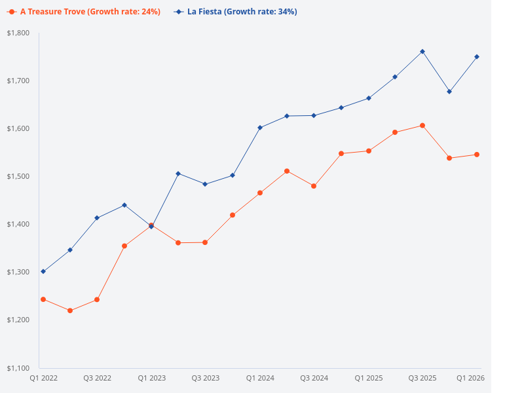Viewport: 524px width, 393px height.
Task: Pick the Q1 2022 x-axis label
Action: tap(43, 378)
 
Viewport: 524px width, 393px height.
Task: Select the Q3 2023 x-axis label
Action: tap(206, 378)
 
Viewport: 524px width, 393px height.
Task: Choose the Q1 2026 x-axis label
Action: tap(470, 378)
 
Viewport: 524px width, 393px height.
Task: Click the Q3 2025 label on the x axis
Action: tap(422, 378)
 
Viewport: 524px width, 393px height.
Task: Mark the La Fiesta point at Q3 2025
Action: tap(422, 51)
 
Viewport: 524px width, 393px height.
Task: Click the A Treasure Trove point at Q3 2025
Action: tap(422, 125)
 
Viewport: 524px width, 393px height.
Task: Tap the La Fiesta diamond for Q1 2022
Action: tap(43, 271)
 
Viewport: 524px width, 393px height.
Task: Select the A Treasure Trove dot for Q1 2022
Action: tap(43, 299)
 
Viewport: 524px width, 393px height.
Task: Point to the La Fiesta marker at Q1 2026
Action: tap(477, 56)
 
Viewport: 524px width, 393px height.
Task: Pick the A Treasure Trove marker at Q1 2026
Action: tap(477, 155)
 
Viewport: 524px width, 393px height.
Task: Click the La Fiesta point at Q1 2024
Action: tap(260, 128)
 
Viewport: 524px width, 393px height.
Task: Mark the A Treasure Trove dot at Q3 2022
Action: tap(97, 299)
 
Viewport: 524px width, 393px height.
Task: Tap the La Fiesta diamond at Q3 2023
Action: tap(206, 184)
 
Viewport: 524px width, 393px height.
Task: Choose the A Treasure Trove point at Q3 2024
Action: tap(314, 186)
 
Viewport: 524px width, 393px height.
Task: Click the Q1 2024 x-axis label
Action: tap(260, 378)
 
